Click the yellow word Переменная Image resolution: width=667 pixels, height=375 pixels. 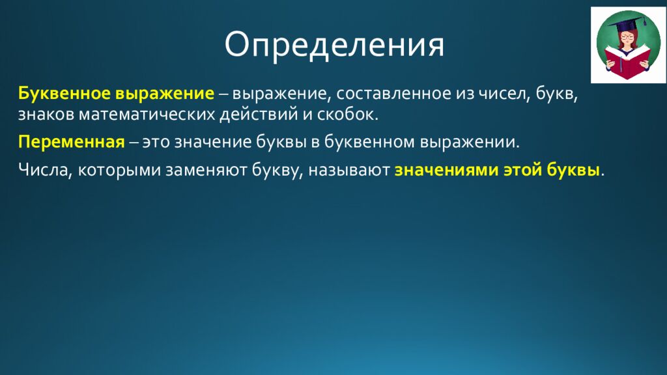71,143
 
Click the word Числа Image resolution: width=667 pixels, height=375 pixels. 41,171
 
